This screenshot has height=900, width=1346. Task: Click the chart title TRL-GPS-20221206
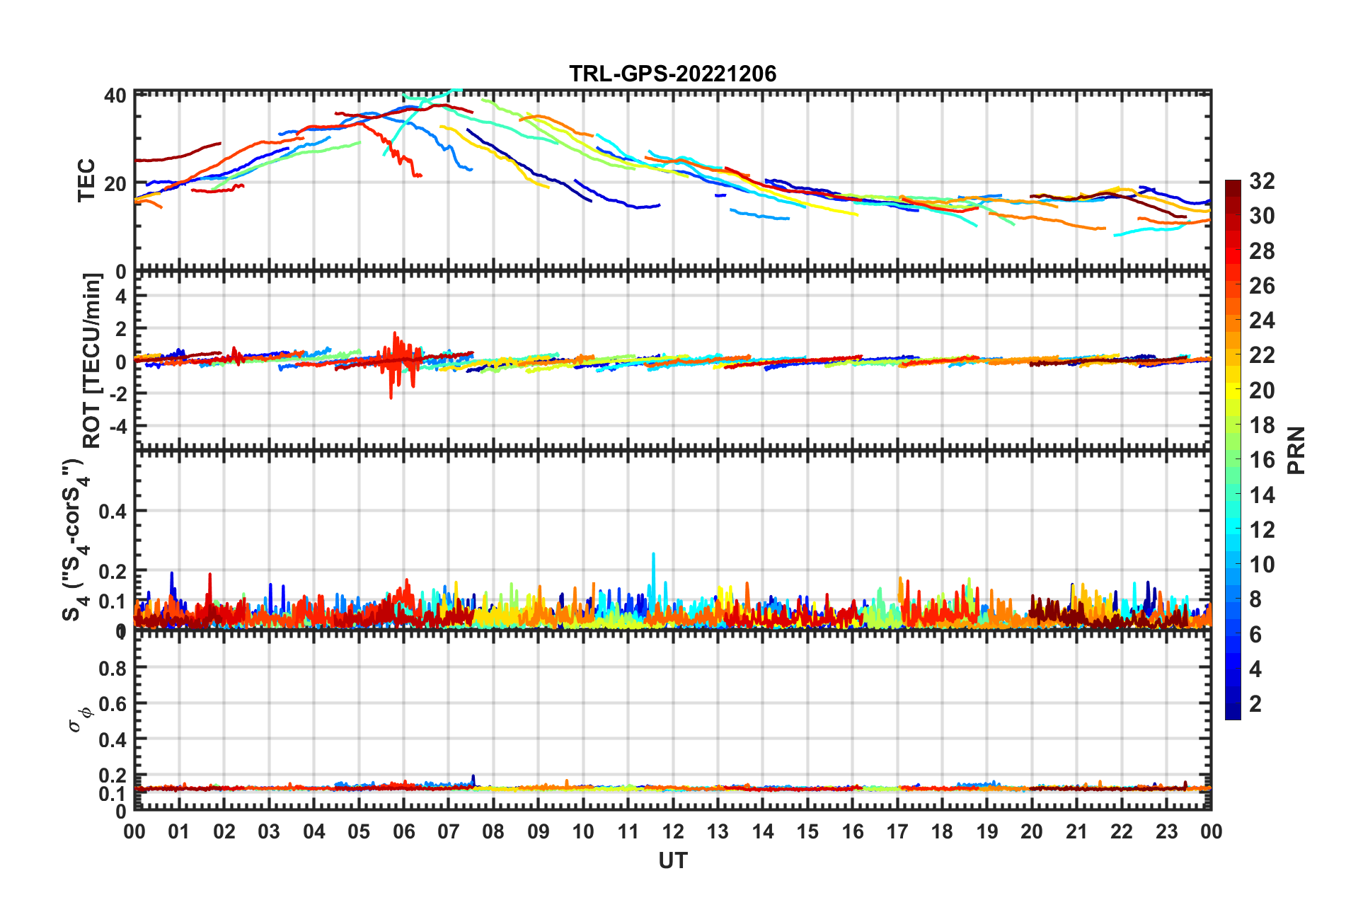coord(672,74)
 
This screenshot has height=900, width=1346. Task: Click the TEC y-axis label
coord(86,180)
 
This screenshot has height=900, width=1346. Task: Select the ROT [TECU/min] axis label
coord(92,360)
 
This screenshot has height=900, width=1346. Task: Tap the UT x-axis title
coord(672,860)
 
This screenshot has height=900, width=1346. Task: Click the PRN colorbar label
coord(1296,450)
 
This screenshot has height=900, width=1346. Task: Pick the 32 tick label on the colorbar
coord(1262,181)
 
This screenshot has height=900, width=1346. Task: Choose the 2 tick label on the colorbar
coord(1255,703)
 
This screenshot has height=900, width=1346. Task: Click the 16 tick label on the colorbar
coord(1262,460)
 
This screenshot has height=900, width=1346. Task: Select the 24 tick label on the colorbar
coord(1262,321)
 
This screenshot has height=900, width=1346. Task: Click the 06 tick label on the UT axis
coord(403,831)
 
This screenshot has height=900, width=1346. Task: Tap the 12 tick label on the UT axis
coord(673,831)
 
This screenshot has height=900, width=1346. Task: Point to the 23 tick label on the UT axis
coord(1166,831)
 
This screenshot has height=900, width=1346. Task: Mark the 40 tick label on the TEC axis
coord(115,96)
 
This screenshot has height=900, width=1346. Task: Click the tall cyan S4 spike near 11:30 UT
coord(653,555)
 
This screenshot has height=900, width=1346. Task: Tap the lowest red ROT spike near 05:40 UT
coord(391,398)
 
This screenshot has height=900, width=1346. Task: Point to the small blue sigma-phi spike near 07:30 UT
coord(473,777)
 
